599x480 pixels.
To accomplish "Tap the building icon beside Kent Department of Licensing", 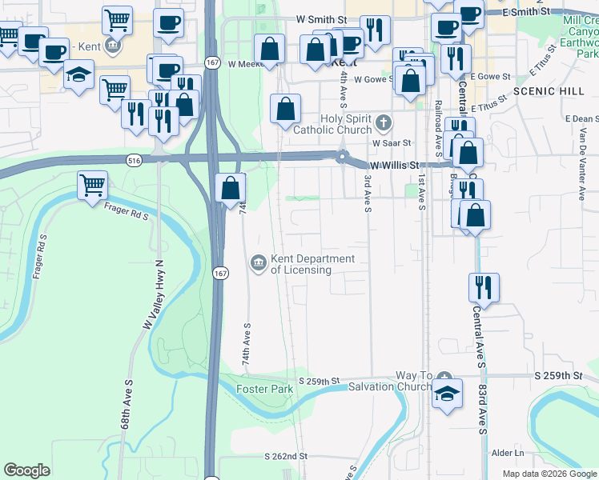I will (258, 262).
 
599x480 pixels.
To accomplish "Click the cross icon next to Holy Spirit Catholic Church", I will (384, 124).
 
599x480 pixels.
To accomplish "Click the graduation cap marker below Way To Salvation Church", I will (447, 394).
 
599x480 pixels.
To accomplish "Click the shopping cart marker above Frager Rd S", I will (93, 186).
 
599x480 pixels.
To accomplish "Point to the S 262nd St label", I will (286, 456).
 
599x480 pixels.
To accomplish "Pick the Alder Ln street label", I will (508, 453).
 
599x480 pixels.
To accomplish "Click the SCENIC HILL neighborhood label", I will (549, 91).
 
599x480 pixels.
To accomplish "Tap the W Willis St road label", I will (393, 165).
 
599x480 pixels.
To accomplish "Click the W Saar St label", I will (391, 142).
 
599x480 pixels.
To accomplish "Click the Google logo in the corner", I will (27, 470).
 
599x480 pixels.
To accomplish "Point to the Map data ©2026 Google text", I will (550, 474).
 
